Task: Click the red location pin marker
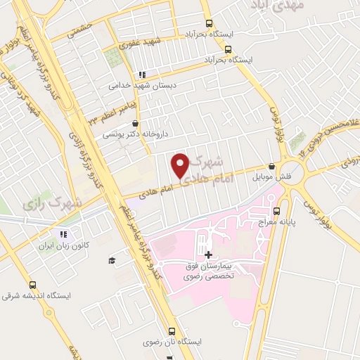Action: pos(181,165)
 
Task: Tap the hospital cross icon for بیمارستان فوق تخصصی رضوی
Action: pos(207,255)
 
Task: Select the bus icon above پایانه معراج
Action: pos(276,210)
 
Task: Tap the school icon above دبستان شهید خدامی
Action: pos(141,74)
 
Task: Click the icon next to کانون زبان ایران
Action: pos(63,234)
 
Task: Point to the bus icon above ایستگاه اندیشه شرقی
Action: pos(32,285)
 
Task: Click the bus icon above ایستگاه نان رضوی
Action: pos(171,330)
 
